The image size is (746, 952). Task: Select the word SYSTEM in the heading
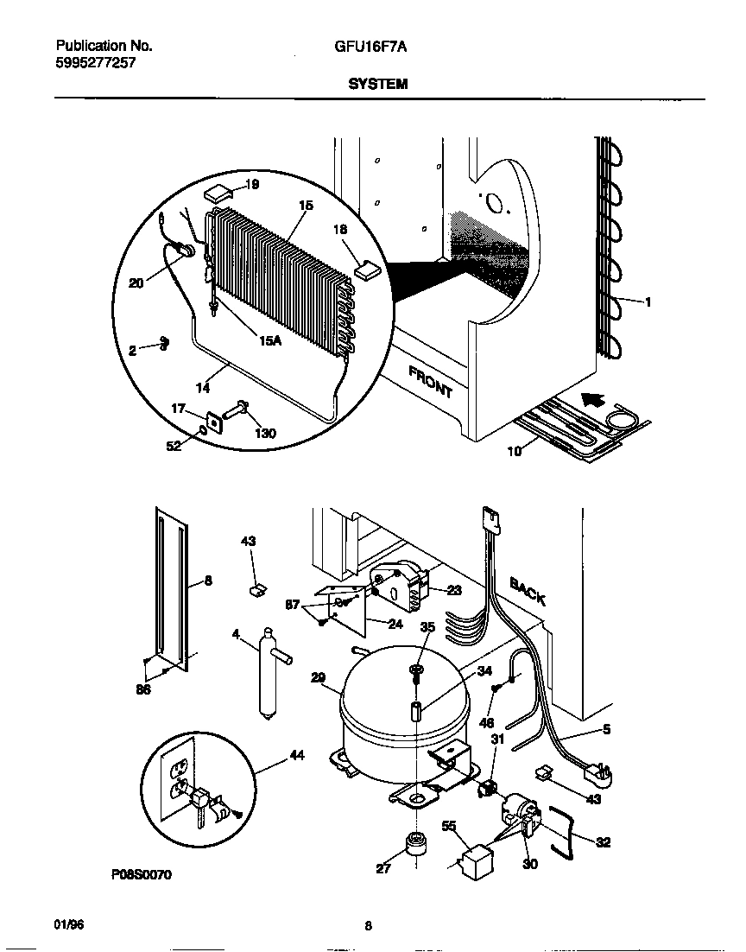pyautogui.click(x=377, y=85)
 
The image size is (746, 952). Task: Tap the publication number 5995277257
pyautogui.click(x=95, y=63)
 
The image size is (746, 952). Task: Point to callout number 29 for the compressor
pyautogui.click(x=318, y=678)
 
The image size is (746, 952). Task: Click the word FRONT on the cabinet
pyautogui.click(x=430, y=381)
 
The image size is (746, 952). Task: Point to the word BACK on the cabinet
pyautogui.click(x=526, y=592)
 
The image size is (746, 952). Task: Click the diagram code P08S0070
pyautogui.click(x=141, y=875)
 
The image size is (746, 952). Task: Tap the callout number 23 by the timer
pyautogui.click(x=456, y=590)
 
